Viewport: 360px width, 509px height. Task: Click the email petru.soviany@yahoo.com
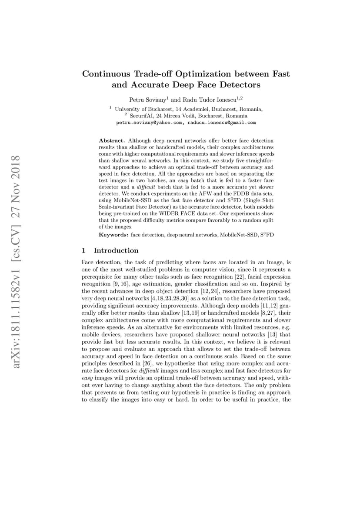tap(149, 123)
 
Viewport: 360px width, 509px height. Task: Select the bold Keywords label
tap(114, 235)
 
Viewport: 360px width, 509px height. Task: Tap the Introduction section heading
tap(116, 250)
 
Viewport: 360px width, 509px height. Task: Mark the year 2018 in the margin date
tap(16, 166)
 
